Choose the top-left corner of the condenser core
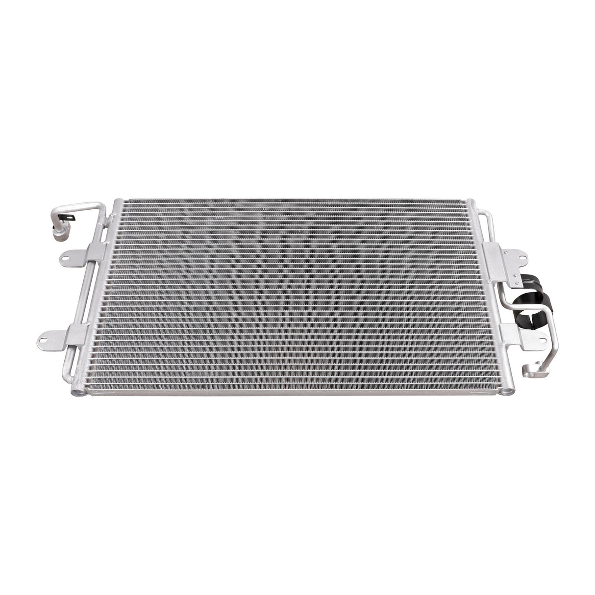pos(118,201)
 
